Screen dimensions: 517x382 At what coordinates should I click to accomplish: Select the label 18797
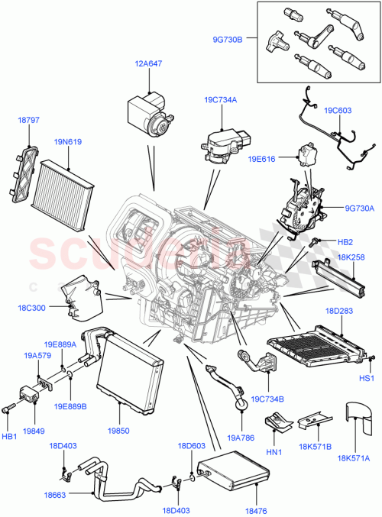[x=28, y=120]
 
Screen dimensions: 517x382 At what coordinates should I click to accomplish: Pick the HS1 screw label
[x=367, y=378]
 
